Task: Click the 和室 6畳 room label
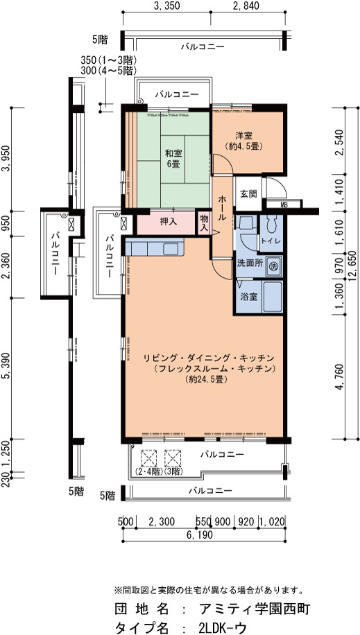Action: pos(173,159)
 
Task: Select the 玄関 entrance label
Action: pos(248,194)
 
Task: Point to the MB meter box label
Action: pos(284,205)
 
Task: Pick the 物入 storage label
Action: pos(205,223)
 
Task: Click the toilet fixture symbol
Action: pos(271,224)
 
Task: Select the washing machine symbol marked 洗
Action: pos(274,267)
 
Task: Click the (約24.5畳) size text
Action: pos(205,379)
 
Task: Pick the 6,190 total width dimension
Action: pos(200,535)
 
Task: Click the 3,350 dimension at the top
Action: pos(166,6)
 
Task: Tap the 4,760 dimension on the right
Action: pos(340,377)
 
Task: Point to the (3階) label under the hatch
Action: pos(173,471)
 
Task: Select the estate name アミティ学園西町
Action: pos(255,609)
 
